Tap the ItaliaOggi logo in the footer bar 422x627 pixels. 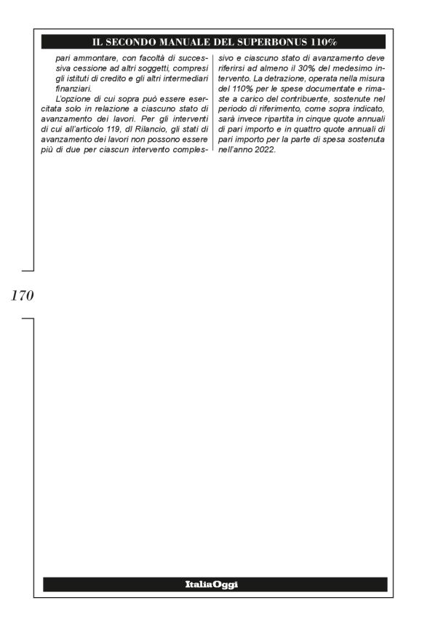[x=215, y=584]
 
